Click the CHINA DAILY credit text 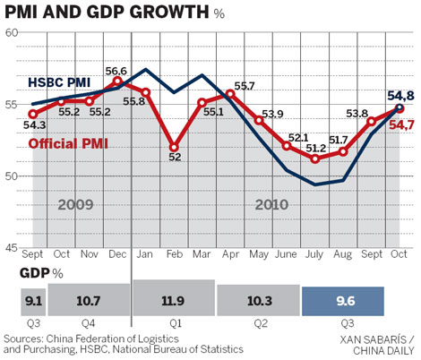[x=380, y=351]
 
